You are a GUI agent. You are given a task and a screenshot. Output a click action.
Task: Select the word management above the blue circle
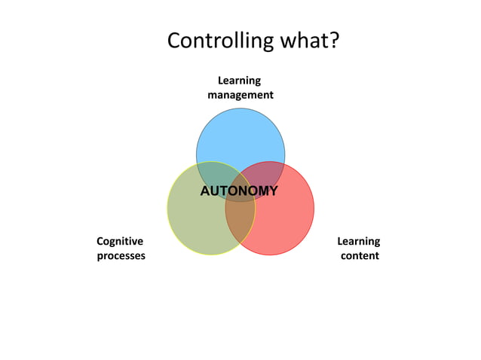tap(240, 96)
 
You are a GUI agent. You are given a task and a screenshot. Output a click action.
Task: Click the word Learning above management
tap(240, 81)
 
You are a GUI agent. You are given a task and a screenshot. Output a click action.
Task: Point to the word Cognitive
tap(120, 241)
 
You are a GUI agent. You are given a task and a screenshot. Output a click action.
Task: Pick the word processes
tap(121, 256)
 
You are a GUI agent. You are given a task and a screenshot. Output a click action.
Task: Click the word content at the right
tap(360, 256)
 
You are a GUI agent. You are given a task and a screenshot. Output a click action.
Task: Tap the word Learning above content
tap(358, 241)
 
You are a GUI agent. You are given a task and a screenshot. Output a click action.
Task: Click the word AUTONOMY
tap(238, 191)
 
